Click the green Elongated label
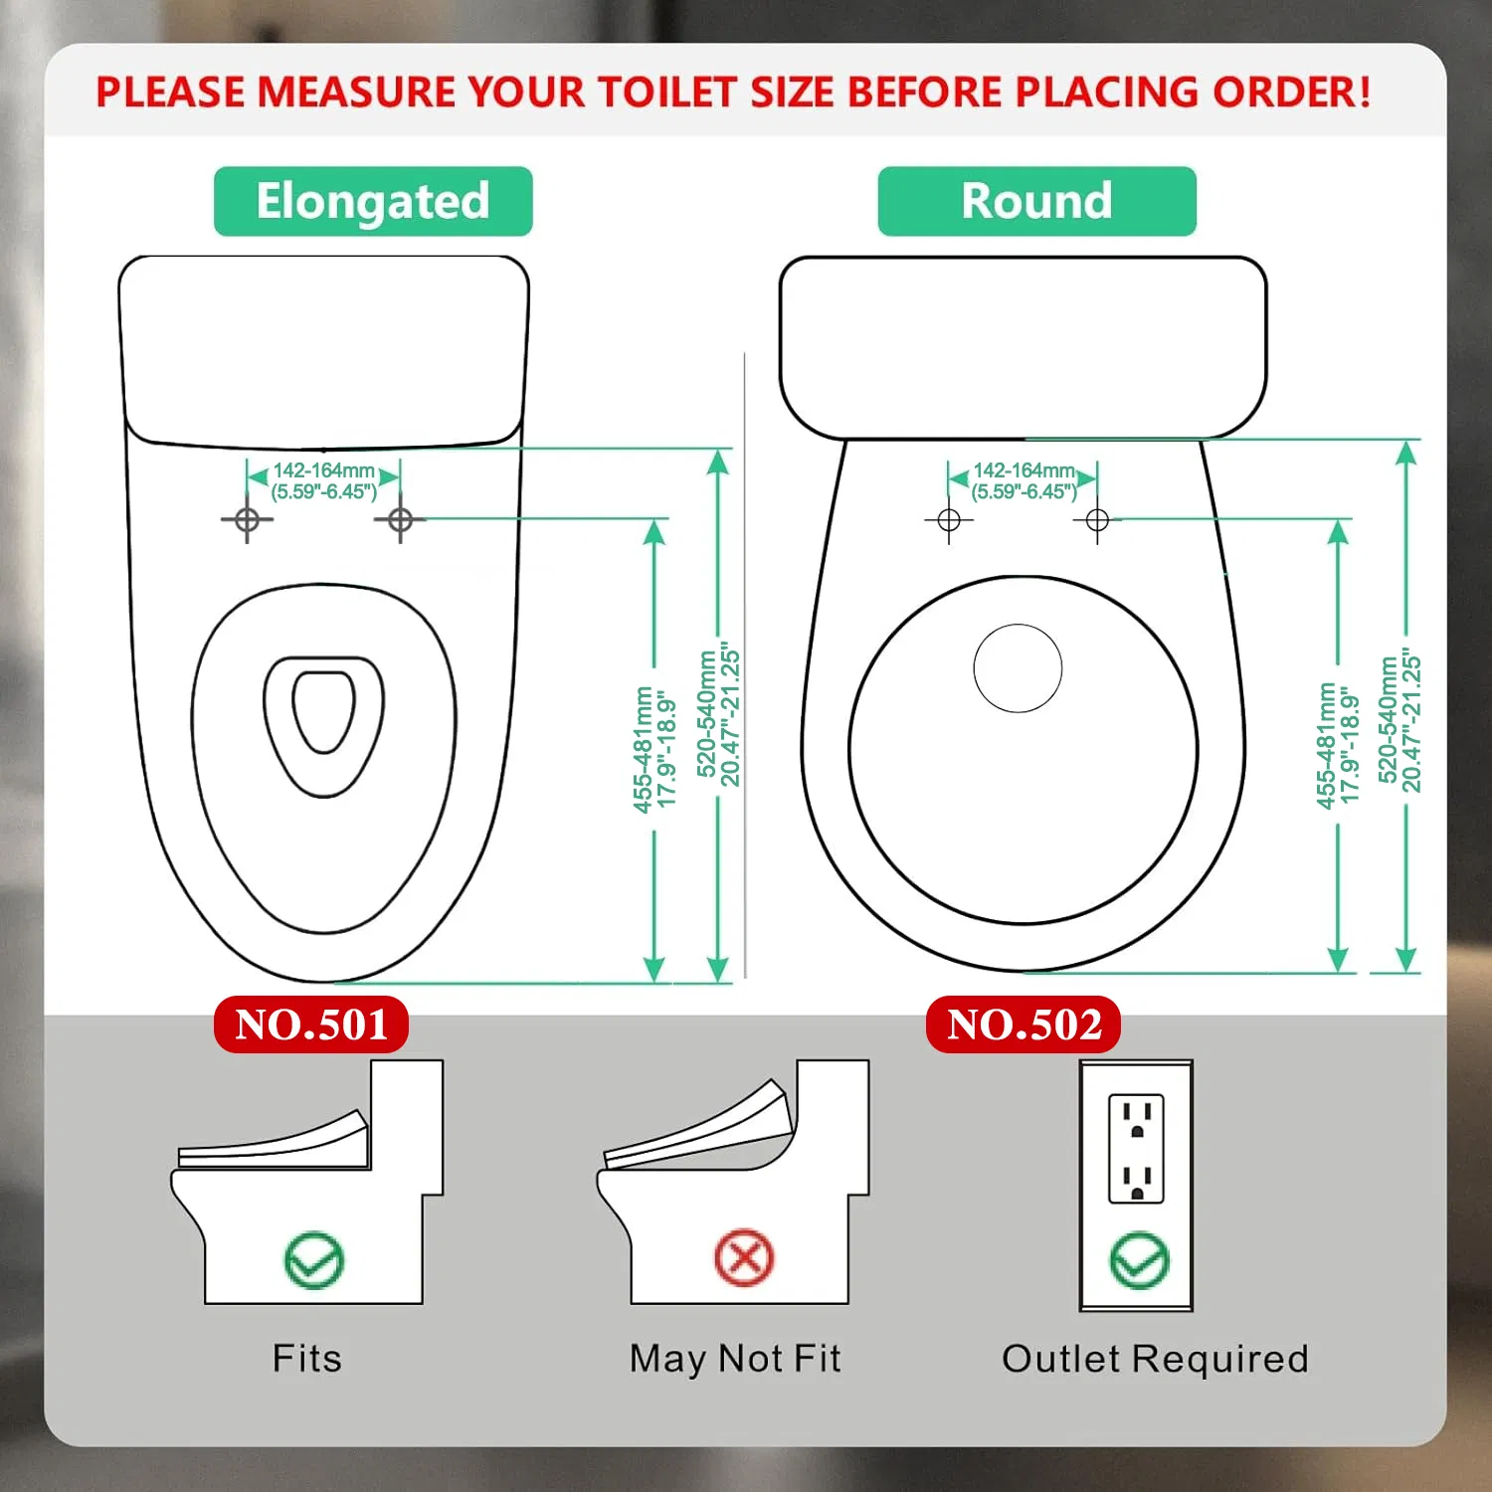point(373,201)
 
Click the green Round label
point(1036,201)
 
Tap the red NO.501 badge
point(311,1025)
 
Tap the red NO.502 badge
point(1024,1025)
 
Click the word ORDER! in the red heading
point(1292,93)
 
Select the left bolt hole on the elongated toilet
point(248,519)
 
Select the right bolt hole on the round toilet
point(1097,520)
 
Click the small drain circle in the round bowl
point(1018,668)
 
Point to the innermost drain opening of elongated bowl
point(324,710)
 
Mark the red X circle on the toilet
point(744,1258)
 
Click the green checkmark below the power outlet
point(1139,1260)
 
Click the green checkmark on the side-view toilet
point(314,1260)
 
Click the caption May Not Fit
point(735,1358)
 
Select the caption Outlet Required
point(1155,1358)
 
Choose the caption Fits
point(307,1358)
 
